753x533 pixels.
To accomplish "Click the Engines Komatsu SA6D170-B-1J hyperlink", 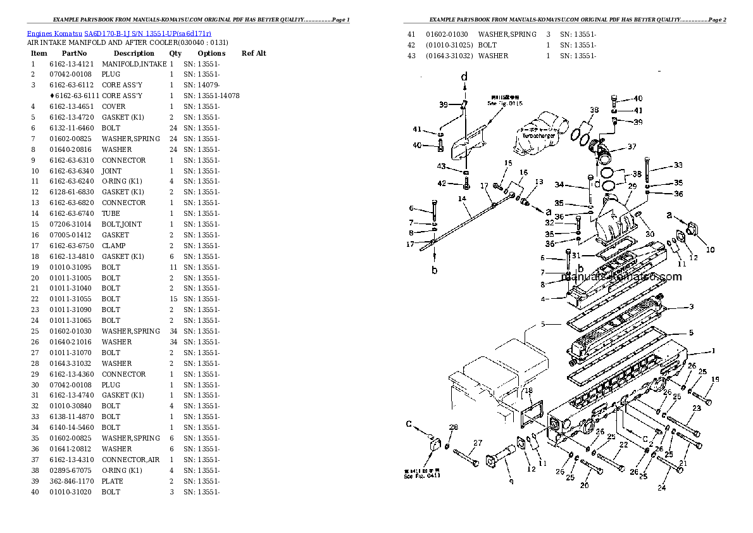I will (x=119, y=33).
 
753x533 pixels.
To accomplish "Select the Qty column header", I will (x=175, y=53).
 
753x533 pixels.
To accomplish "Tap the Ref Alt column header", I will (x=254, y=53).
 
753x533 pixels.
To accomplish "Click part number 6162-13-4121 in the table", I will (x=72, y=64).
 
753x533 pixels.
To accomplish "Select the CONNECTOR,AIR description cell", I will (x=131, y=460).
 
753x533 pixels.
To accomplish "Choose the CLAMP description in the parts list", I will (x=114, y=246).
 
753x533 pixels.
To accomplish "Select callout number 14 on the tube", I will (x=462, y=199).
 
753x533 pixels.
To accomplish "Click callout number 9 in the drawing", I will (x=511, y=481).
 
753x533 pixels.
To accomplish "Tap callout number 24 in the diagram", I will (x=661, y=487).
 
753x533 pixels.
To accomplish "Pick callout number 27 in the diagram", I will (x=478, y=443).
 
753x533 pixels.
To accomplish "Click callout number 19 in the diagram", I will (x=715, y=380).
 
